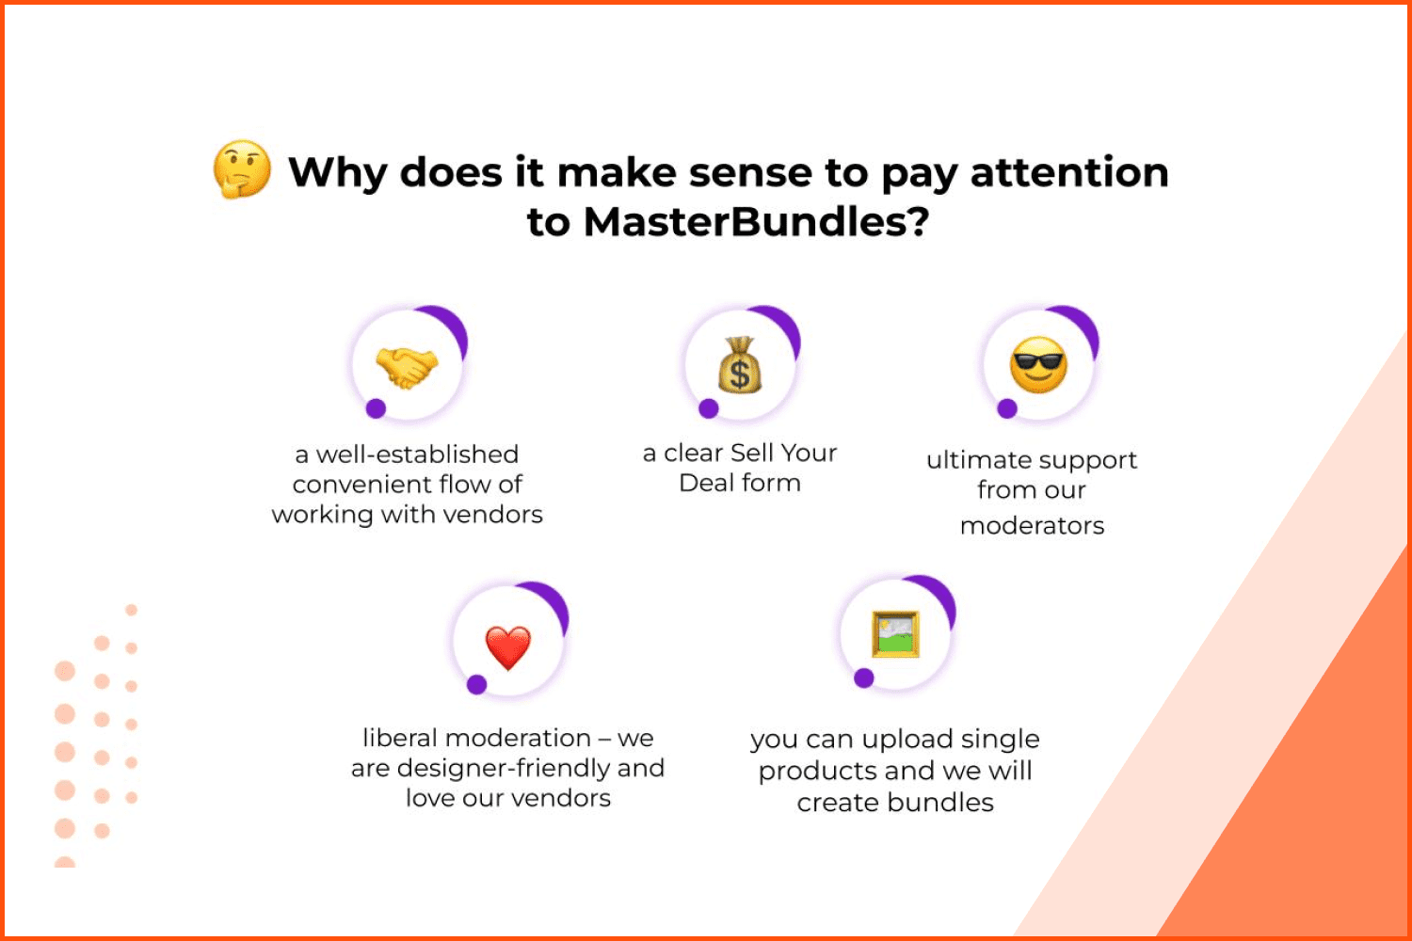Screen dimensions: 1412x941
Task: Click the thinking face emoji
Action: click(x=242, y=169)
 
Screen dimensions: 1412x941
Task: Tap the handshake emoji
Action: click(x=407, y=367)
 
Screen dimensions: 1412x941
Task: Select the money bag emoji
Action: click(x=740, y=365)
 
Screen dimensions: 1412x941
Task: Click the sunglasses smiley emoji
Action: click(x=1038, y=365)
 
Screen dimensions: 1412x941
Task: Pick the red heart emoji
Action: click(x=508, y=648)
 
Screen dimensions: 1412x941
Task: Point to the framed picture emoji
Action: click(x=895, y=634)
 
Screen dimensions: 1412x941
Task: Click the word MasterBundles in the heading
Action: click(x=757, y=222)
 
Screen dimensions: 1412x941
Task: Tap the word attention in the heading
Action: click(x=1069, y=172)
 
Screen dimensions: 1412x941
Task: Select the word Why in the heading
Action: click(x=337, y=173)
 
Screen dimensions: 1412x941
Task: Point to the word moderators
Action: click(x=1032, y=526)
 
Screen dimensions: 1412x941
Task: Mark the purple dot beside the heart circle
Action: click(x=477, y=684)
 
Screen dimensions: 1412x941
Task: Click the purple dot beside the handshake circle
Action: click(x=376, y=408)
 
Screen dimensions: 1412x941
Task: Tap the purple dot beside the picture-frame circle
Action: click(x=863, y=678)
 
